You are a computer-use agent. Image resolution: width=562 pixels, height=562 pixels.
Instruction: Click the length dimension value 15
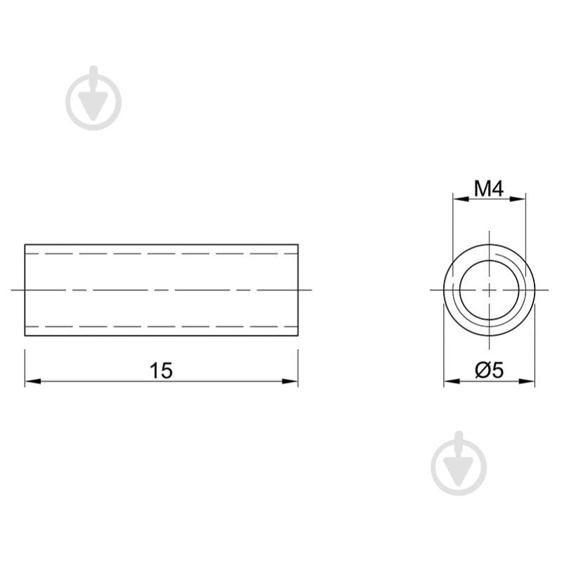pos(161,370)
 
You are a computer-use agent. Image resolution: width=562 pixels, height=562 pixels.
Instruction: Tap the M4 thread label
pos(489,189)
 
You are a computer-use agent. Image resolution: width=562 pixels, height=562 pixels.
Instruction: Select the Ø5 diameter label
pos(490,370)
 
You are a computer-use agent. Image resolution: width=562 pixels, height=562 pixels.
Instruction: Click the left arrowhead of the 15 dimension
pos(33,381)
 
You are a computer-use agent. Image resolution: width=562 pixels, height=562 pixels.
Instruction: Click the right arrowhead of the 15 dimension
pos(290,381)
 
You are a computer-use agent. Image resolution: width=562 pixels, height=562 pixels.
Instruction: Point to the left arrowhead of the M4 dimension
pos(461,198)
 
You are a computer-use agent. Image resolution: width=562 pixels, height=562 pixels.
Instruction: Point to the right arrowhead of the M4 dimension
pos(518,198)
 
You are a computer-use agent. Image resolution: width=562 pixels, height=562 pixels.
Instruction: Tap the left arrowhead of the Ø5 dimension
pos(452,381)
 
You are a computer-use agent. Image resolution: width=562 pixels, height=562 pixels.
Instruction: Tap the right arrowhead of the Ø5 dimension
pos(527,381)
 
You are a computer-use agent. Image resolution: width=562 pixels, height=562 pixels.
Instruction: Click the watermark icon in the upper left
pos(94,98)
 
